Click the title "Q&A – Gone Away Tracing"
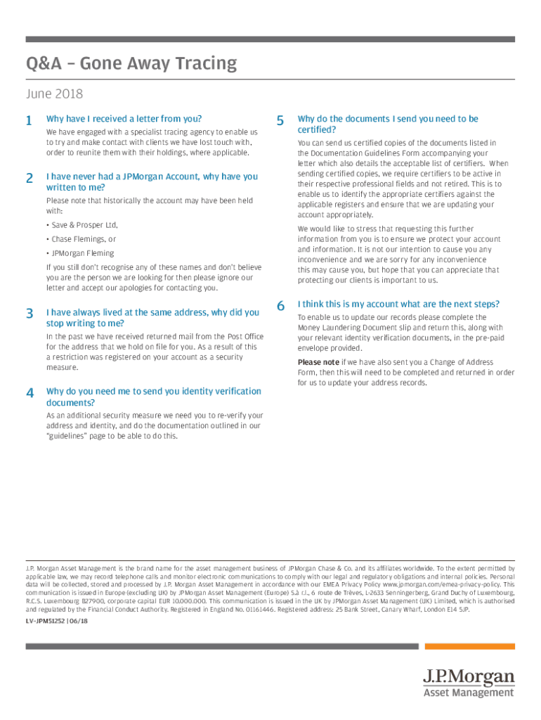click(131, 64)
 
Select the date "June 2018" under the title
click(54, 94)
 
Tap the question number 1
click(29, 120)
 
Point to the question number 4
click(29, 393)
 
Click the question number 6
click(280, 306)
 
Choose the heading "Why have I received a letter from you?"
click(124, 119)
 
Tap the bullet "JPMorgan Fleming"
click(82, 253)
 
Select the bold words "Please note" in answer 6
click(318, 363)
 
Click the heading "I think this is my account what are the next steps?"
click(398, 304)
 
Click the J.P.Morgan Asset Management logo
click(469, 683)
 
